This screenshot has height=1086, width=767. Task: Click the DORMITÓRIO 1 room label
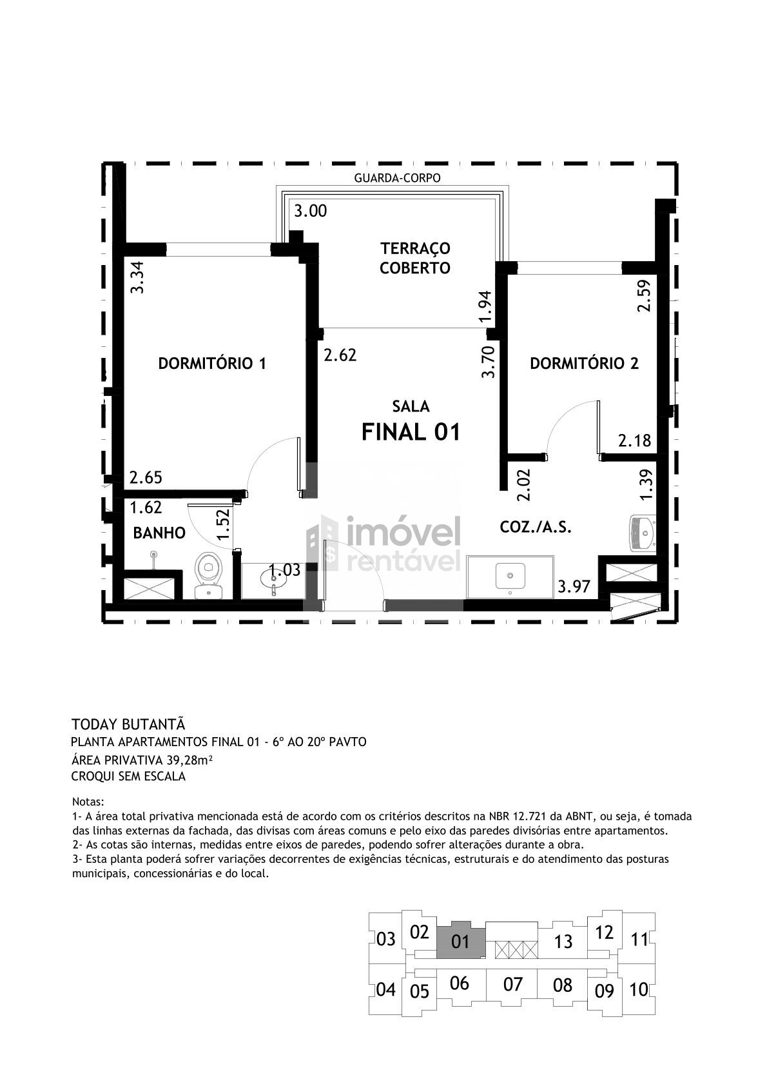pyautogui.click(x=212, y=364)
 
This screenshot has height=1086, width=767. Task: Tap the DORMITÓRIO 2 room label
pyautogui.click(x=584, y=364)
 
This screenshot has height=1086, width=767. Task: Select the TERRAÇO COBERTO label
pyautogui.click(x=414, y=258)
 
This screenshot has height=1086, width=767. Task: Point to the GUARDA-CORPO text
pyautogui.click(x=397, y=178)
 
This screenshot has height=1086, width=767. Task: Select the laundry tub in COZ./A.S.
pyautogui.click(x=643, y=533)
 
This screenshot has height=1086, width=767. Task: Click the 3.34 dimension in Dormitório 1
pyautogui.click(x=137, y=277)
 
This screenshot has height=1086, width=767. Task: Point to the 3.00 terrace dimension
pyautogui.click(x=311, y=211)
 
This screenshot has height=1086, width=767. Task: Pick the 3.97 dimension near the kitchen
pyautogui.click(x=574, y=587)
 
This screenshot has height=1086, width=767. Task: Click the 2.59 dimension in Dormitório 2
pyautogui.click(x=644, y=296)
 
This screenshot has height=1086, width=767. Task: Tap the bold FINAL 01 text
pyautogui.click(x=411, y=431)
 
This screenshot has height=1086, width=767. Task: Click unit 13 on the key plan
pyautogui.click(x=563, y=941)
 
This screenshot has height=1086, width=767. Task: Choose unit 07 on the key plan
pyautogui.click(x=512, y=983)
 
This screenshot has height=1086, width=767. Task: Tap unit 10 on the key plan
pyautogui.click(x=639, y=989)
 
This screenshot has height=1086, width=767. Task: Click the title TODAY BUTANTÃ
pyautogui.click(x=128, y=724)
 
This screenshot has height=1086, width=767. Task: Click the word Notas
pyautogui.click(x=88, y=801)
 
